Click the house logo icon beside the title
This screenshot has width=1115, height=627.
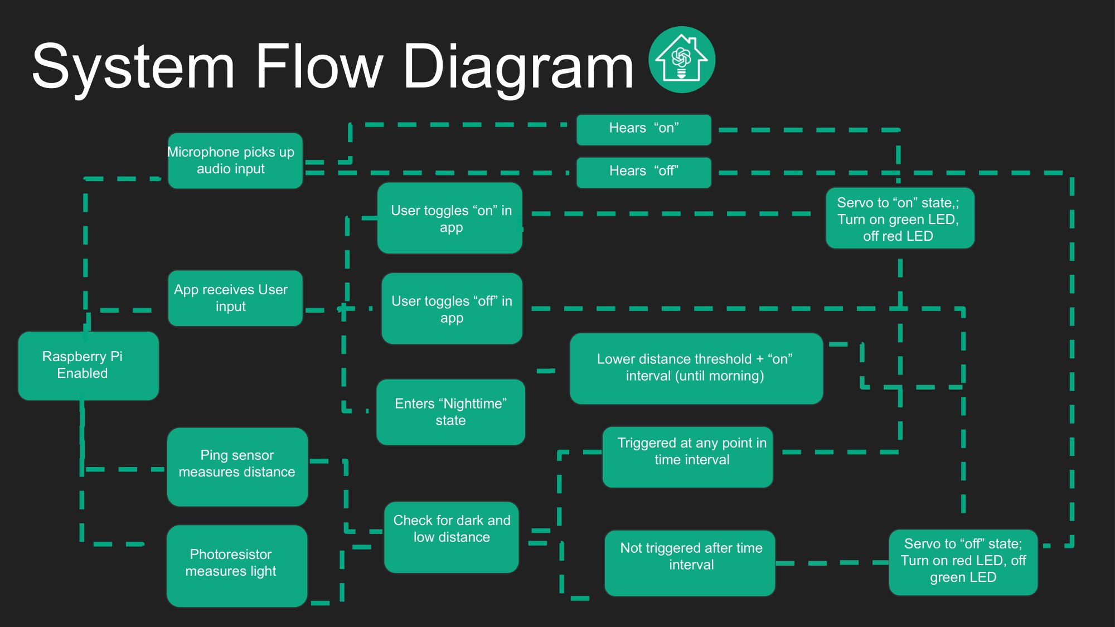point(681,60)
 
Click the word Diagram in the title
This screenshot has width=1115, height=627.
point(518,67)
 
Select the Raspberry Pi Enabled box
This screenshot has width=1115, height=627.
point(89,366)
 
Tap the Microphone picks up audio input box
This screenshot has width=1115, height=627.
point(235,161)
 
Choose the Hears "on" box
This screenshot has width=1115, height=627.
point(644,130)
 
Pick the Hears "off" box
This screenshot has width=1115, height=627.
point(644,173)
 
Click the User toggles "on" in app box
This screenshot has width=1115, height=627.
point(450,218)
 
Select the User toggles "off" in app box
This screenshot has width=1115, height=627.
point(452,308)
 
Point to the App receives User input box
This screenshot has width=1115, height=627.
point(235,298)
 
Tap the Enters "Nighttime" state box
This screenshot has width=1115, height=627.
point(451,412)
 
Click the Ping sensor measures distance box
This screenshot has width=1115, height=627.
point(237,467)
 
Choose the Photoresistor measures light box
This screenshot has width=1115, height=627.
point(237,566)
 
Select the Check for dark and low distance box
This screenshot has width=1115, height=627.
point(452,537)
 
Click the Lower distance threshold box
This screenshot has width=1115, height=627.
point(696,368)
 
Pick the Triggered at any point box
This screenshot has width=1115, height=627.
point(688,457)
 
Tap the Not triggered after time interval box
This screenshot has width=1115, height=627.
point(690,563)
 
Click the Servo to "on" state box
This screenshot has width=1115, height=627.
point(900,218)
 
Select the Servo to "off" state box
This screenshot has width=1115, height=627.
point(963,562)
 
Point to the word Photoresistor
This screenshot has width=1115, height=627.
point(231,554)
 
